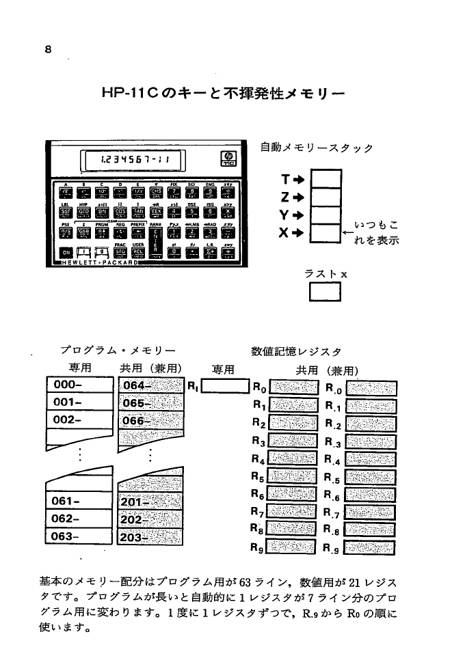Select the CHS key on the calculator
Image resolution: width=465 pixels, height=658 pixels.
(x=155, y=192)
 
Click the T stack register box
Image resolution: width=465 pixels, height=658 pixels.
(x=325, y=180)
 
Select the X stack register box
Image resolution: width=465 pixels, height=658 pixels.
(x=325, y=232)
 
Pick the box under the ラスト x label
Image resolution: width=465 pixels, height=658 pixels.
(x=325, y=292)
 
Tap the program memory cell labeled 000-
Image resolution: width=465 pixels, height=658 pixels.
(x=79, y=385)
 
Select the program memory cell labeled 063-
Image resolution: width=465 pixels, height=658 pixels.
(x=79, y=536)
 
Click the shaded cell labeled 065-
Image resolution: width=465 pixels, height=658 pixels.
(x=151, y=403)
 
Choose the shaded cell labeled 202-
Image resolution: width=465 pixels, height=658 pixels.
(x=151, y=519)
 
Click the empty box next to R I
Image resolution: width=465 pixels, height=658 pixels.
(x=224, y=387)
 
